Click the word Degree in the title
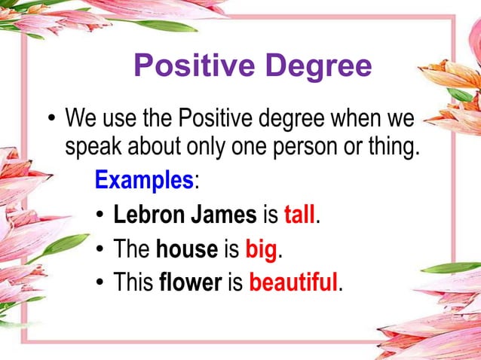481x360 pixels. point(319,66)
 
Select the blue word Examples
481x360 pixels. point(144,180)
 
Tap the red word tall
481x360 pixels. point(301,215)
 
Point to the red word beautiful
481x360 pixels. point(293,282)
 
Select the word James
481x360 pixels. point(225,215)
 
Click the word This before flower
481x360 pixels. point(133,282)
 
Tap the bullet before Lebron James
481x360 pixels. point(100,216)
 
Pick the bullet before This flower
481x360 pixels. point(100,284)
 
